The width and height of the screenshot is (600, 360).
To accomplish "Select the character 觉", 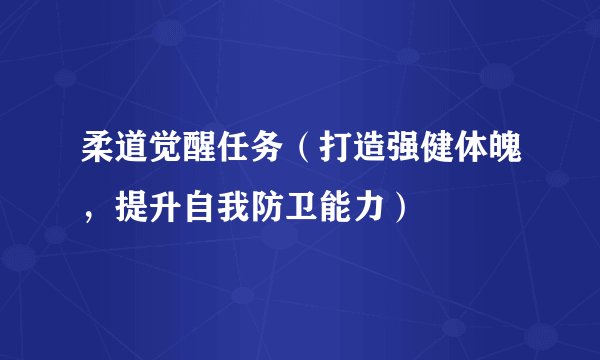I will click(156, 155).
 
